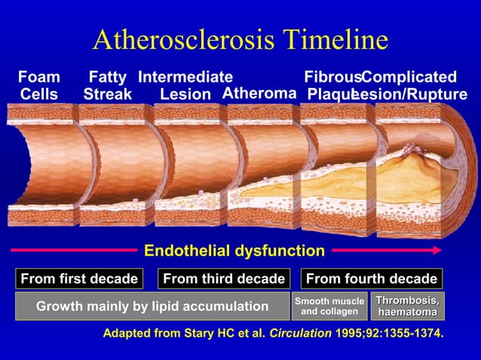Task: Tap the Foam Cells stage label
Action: pos(38,85)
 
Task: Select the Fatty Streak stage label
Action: pos(107,85)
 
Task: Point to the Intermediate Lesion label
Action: pos(185,85)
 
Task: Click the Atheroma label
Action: pos(259,94)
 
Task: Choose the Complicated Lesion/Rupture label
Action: pos(413,85)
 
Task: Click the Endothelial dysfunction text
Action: pos(234,251)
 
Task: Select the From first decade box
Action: pos(78,279)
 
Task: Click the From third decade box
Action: pos(224,279)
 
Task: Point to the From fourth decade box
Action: pos(372,279)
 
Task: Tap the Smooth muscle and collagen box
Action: pos(329,307)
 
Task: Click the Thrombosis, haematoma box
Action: pos(407,307)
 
